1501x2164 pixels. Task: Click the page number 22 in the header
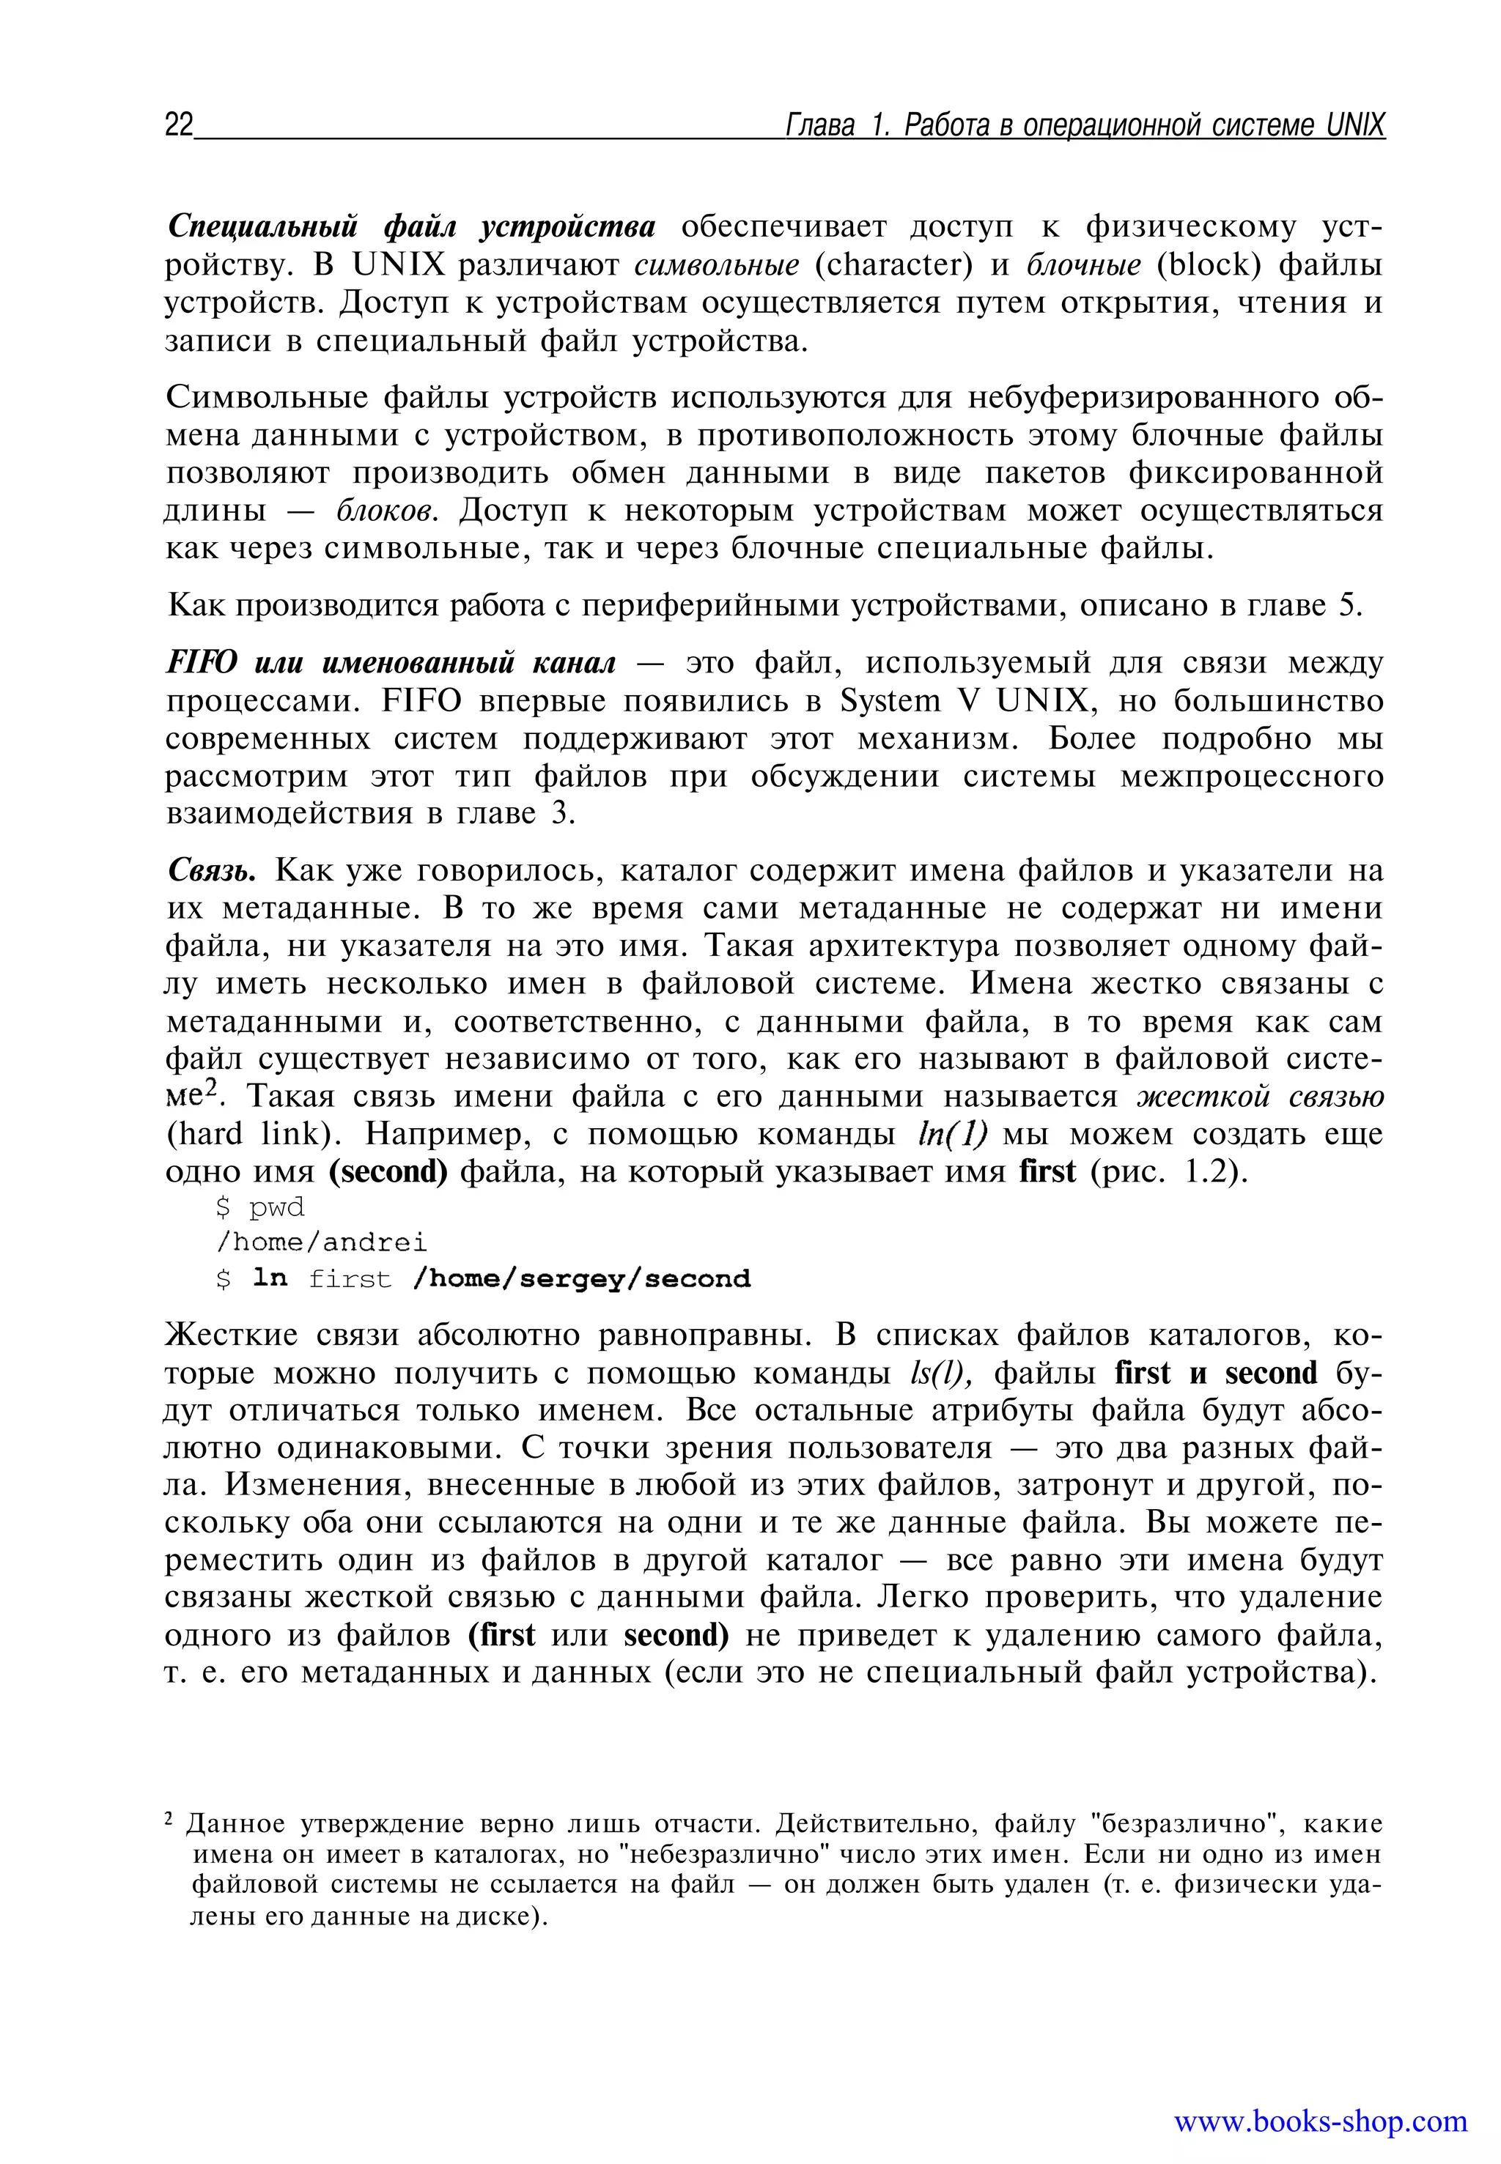179,125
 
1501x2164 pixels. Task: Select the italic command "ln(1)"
952,1135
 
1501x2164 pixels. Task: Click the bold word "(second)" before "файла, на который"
388,1172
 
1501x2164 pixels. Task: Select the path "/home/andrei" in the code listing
322,1242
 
